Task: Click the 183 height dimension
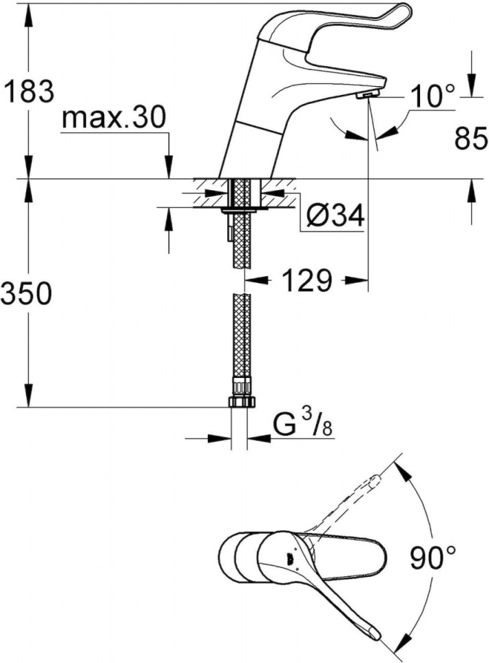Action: [x=28, y=91]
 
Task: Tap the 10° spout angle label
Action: [x=433, y=97]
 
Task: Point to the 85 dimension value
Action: [x=471, y=139]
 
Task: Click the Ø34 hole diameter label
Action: [x=334, y=216]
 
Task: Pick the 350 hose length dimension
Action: [x=27, y=295]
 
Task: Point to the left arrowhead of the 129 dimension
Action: [x=252, y=280]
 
